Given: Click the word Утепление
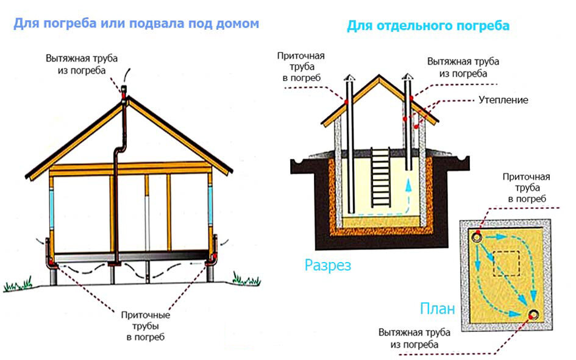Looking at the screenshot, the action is (x=503, y=100).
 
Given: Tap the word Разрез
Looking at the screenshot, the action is (x=328, y=265).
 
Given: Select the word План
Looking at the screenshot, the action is (x=437, y=309).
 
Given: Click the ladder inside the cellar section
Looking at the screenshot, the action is (x=380, y=178).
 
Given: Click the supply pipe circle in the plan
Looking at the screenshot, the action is (x=477, y=238).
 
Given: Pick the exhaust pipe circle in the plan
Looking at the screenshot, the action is (x=533, y=314).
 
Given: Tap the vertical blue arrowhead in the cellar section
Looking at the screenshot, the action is (x=408, y=185).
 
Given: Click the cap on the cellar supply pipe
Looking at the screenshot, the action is (x=349, y=77).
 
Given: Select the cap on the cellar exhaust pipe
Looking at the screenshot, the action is (x=407, y=77).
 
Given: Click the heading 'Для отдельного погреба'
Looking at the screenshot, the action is (x=428, y=26).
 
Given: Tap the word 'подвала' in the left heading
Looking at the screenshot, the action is (x=157, y=24).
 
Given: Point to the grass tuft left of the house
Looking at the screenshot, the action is (x=18, y=284).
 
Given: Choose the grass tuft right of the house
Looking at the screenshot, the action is (x=246, y=279).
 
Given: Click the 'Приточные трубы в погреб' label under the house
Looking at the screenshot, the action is (x=146, y=326).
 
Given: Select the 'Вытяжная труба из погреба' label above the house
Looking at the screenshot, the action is (x=82, y=64).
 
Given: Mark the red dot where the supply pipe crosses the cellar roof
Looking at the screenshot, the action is (x=346, y=102).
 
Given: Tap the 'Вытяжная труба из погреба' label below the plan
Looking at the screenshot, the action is (x=414, y=338).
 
